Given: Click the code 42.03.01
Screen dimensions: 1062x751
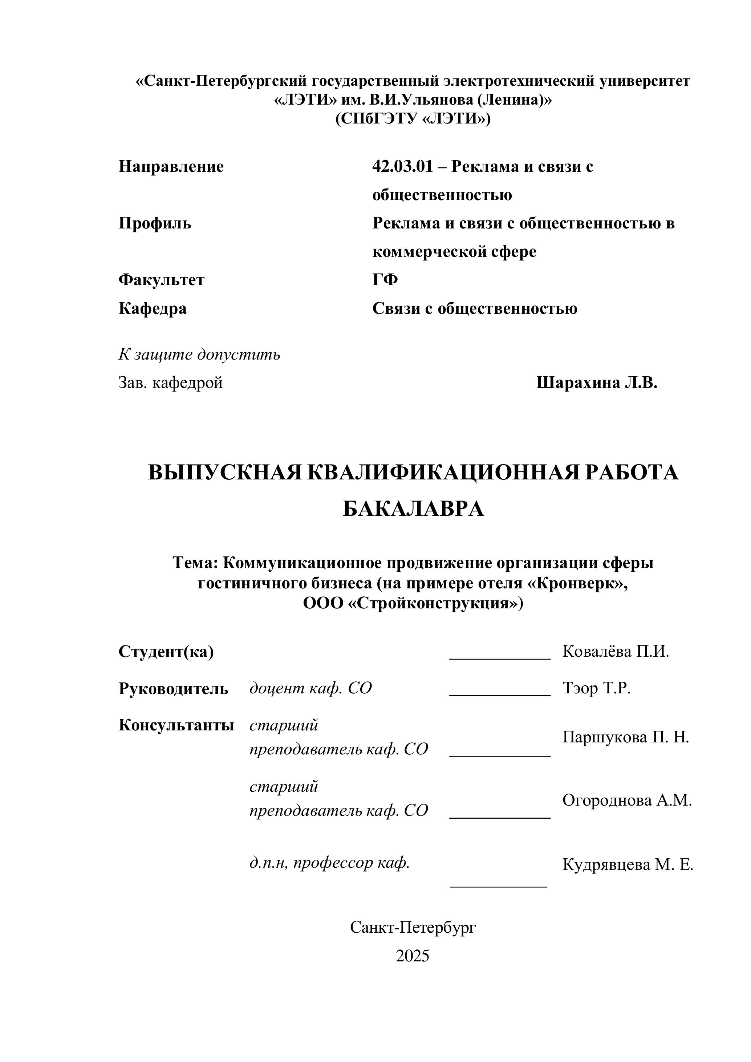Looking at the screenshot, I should [x=402, y=166].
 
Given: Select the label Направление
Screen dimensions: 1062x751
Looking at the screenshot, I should [x=171, y=166].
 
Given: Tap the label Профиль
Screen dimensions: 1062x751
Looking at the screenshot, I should [x=155, y=223].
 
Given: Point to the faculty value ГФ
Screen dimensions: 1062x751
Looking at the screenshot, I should [x=385, y=280].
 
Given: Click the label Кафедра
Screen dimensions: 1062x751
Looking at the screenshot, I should [x=153, y=308].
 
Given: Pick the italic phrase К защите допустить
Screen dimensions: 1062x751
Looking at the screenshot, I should [x=199, y=355].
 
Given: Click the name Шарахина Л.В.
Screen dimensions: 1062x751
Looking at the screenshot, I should [x=597, y=383].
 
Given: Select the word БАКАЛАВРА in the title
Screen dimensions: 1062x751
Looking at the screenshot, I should [x=413, y=509].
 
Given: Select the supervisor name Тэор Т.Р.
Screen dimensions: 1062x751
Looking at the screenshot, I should [x=597, y=689].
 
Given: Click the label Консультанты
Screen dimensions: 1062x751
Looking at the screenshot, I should [x=176, y=725].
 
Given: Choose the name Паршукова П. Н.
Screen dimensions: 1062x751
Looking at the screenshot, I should [x=626, y=737].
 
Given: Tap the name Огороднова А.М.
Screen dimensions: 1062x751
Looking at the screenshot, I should [x=626, y=800].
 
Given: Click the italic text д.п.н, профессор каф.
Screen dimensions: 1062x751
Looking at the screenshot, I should [x=330, y=863].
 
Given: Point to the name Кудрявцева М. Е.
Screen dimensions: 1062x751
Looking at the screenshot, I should [x=628, y=864].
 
